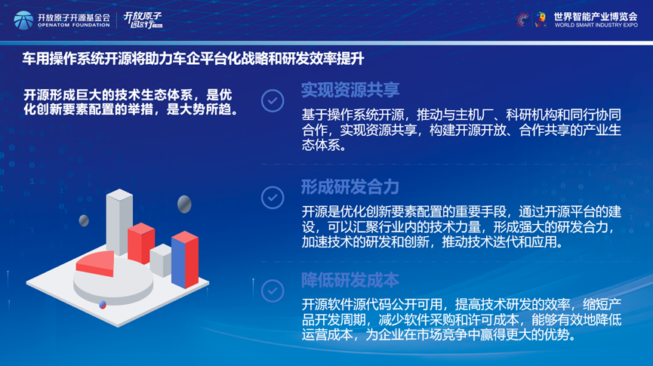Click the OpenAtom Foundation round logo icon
click(x=23, y=20)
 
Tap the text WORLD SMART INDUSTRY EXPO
click(x=596, y=25)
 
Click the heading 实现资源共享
click(x=350, y=90)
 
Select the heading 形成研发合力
click(x=350, y=187)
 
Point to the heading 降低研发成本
click(x=350, y=280)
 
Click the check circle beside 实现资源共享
click(x=273, y=101)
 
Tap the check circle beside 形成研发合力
click(x=273, y=198)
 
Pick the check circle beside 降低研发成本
click(x=273, y=291)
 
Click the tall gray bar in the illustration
click(x=119, y=222)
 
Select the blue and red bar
click(x=185, y=260)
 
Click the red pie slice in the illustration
click(x=96, y=263)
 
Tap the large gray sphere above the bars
click(x=184, y=204)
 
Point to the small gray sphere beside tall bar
click(x=84, y=220)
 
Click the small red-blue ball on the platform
click(x=103, y=305)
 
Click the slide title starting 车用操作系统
click(x=193, y=59)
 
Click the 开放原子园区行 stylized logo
click(x=143, y=20)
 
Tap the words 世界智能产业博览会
click(x=596, y=17)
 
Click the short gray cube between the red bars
click(x=161, y=260)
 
